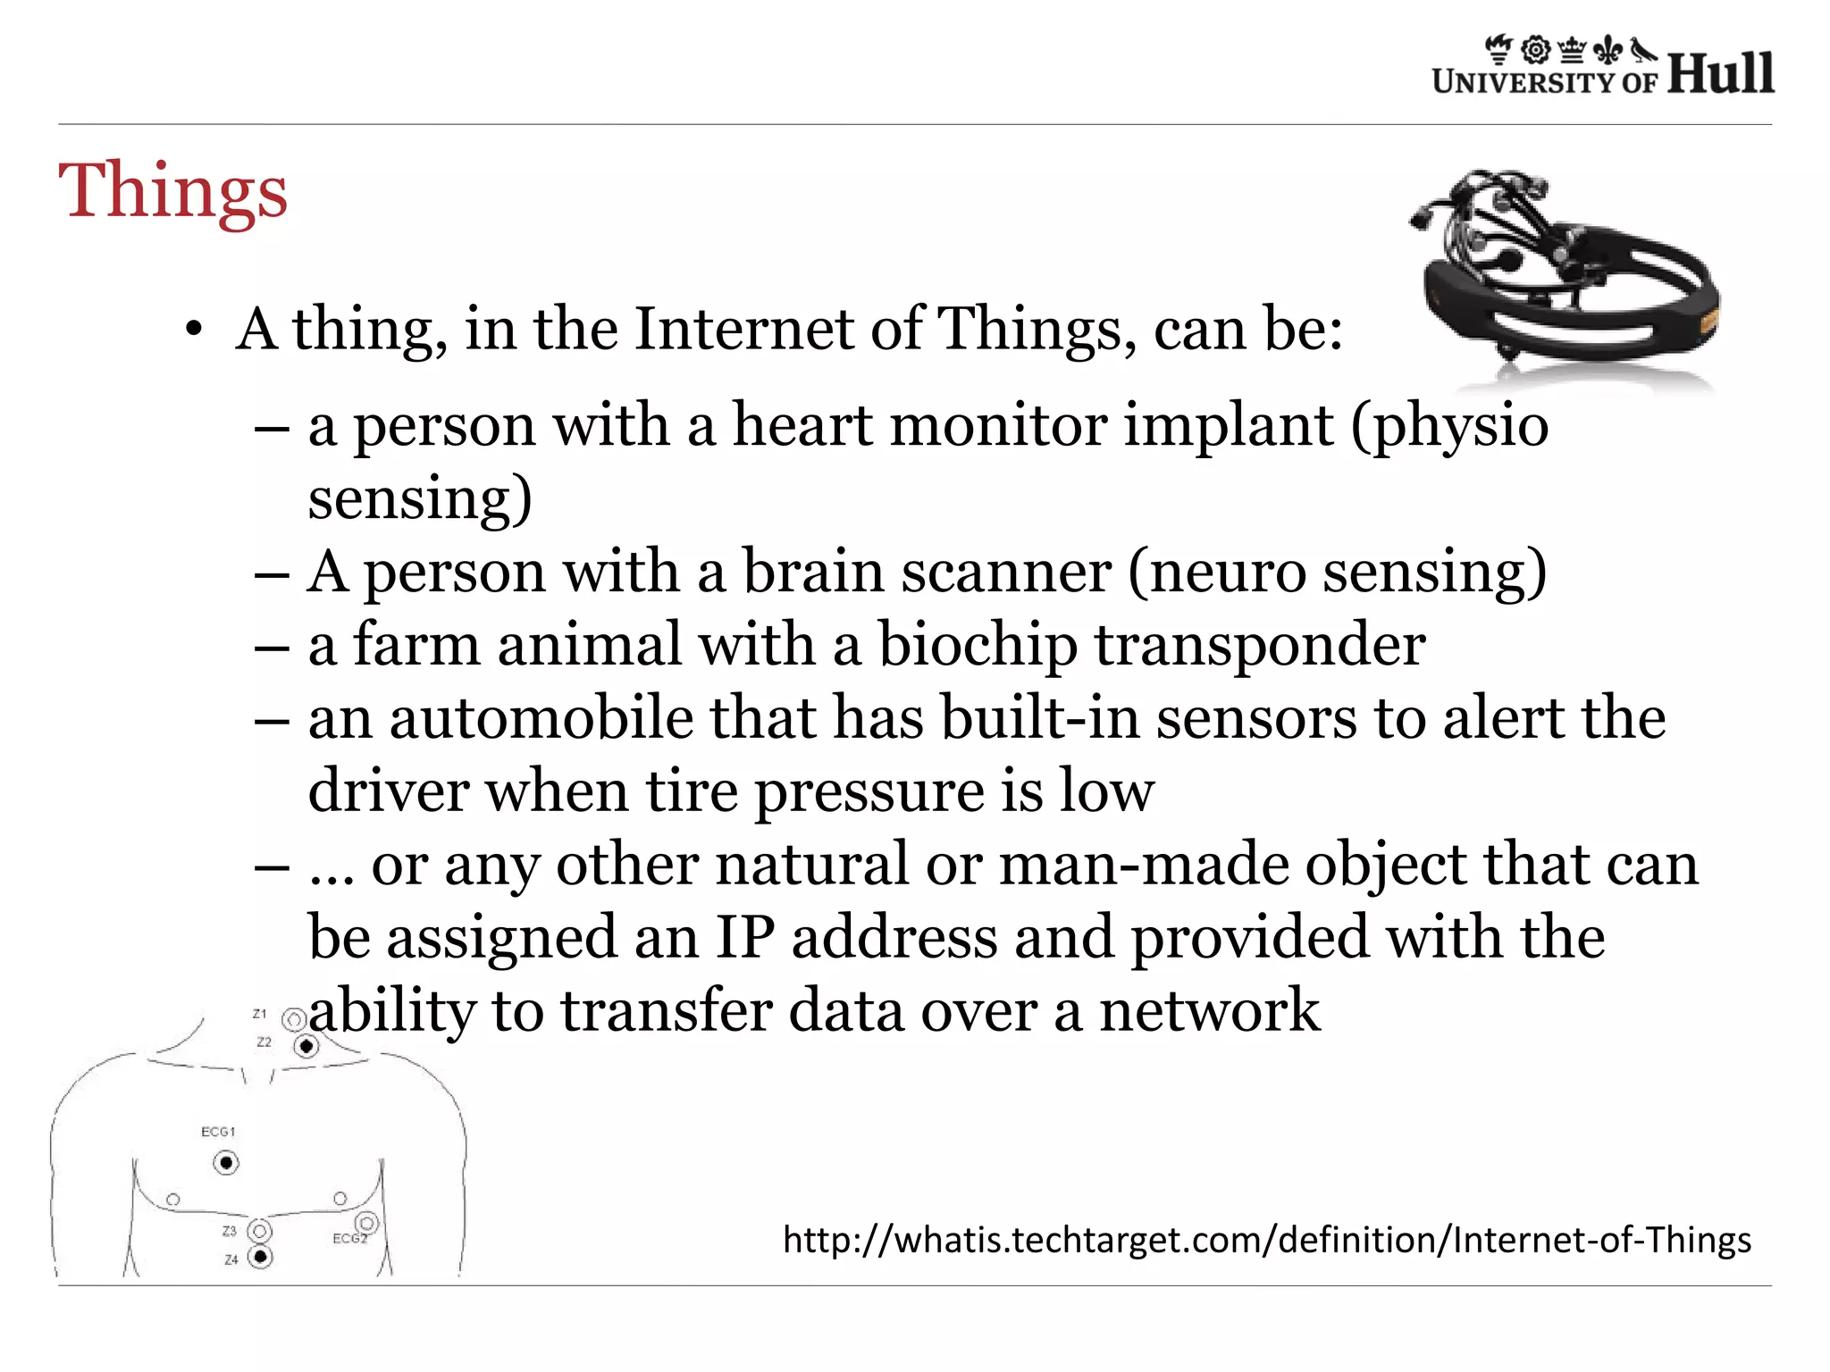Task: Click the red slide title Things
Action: tap(173, 190)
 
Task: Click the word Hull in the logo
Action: tap(1720, 73)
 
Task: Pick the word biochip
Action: tap(978, 645)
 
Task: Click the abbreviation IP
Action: tap(745, 937)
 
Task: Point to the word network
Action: tap(1209, 1010)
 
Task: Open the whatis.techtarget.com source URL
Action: tap(1266, 1240)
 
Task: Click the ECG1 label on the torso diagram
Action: tap(218, 1132)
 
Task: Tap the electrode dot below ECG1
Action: tap(226, 1163)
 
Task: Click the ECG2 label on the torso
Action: tap(349, 1239)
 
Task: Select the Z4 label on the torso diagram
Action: tap(231, 1259)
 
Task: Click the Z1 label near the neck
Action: tap(260, 1014)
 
